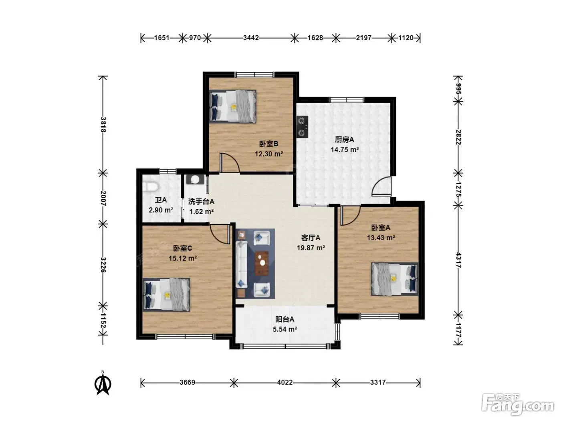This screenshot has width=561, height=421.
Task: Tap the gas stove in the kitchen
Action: pos(302,127)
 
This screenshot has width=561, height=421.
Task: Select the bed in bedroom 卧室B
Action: pos(232,106)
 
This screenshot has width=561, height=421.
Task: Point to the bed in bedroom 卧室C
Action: pos(166,295)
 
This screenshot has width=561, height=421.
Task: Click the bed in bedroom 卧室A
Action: pos(395,279)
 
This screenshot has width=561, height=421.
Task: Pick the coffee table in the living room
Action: pos(262,263)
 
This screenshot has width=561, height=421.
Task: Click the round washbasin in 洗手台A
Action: pos(195,180)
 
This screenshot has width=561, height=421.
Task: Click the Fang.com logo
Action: pos(518,405)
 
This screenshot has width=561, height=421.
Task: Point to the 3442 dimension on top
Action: pos(251,38)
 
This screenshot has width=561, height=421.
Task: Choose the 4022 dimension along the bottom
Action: pos(285,383)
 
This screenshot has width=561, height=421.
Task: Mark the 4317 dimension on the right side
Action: pos(458,260)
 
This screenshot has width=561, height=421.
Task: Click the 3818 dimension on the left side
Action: pos(103,124)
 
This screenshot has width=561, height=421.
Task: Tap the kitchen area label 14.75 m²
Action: pos(345,150)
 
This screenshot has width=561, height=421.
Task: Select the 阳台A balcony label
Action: pos(285,319)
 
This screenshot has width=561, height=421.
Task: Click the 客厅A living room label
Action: pos(311,238)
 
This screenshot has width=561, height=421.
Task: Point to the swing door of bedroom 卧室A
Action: pos(350,216)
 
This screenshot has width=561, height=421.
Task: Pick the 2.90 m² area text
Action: pos(161,210)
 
